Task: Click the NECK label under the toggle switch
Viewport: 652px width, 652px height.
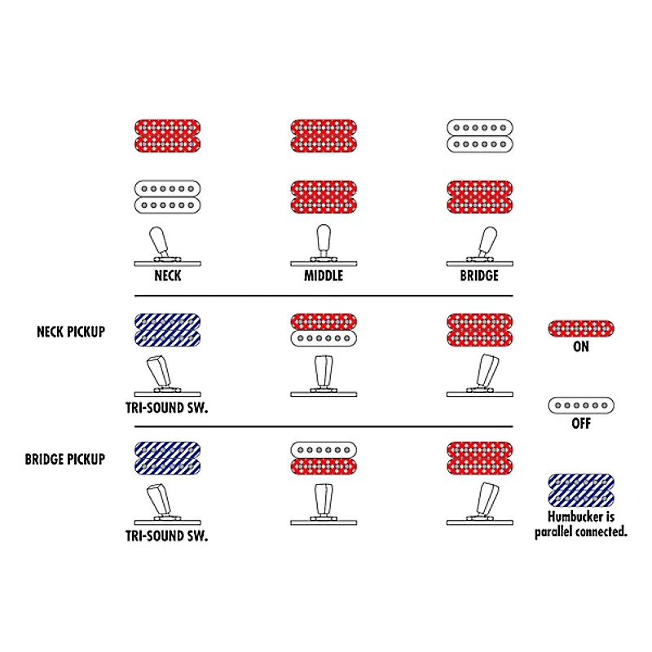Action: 168,275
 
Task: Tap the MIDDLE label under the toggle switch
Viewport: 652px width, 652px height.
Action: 324,275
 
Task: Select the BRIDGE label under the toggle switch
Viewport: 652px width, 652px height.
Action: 479,275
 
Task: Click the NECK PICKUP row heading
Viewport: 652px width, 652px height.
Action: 71,332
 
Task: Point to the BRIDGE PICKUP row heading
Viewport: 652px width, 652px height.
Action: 65,460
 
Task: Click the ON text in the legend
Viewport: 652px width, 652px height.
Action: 581,347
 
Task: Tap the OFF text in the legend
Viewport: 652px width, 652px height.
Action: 581,424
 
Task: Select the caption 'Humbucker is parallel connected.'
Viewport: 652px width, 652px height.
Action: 581,524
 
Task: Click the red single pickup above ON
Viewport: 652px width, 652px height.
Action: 581,328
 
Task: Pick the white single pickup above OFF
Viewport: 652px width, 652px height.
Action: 581,405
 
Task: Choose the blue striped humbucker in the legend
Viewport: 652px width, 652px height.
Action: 581,491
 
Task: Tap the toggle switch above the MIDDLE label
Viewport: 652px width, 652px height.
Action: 324,246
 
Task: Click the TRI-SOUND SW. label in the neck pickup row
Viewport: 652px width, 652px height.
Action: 167,408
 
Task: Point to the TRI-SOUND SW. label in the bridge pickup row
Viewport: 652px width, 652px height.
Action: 167,536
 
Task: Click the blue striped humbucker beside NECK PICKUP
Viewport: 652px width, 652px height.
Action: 168,330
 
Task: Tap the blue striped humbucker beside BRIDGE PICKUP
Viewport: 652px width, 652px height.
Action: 168,458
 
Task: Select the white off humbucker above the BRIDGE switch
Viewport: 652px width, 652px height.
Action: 480,136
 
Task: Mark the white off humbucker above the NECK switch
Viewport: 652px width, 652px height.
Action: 168,197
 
